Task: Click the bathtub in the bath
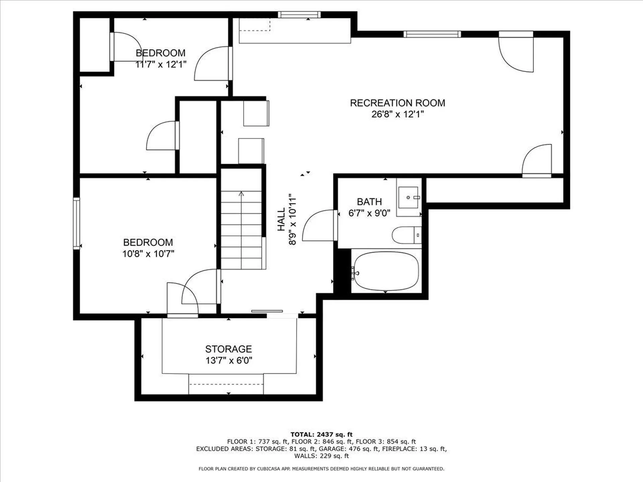pos(386,271)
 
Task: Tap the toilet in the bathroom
pos(405,235)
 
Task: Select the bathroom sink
pos(409,197)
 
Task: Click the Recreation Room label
pos(398,103)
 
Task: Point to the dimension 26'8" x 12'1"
pos(398,114)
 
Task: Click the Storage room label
pos(228,349)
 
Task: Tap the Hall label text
pos(281,219)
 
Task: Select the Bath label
pos(369,202)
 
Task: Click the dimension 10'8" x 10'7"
pos(148,254)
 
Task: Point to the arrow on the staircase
pos(241,194)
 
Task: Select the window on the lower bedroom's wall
pos(76,223)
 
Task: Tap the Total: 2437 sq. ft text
pos(321,434)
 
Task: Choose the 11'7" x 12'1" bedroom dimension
pos(161,64)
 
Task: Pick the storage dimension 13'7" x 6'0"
pos(229,360)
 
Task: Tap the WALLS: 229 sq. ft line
pos(321,456)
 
